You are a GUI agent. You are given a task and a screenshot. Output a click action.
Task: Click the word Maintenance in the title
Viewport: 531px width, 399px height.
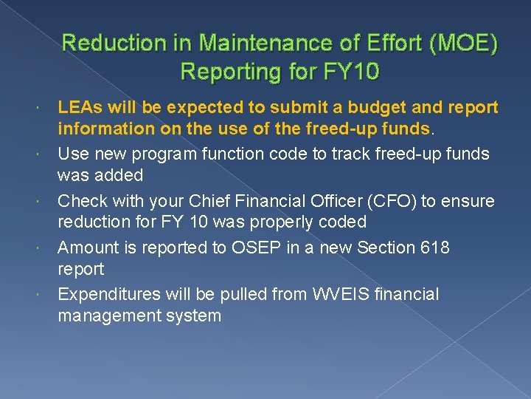244,44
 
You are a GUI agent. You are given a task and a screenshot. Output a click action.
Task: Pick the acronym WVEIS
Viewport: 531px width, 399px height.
331,293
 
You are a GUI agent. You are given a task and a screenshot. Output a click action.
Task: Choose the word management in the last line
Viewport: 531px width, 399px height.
113,316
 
